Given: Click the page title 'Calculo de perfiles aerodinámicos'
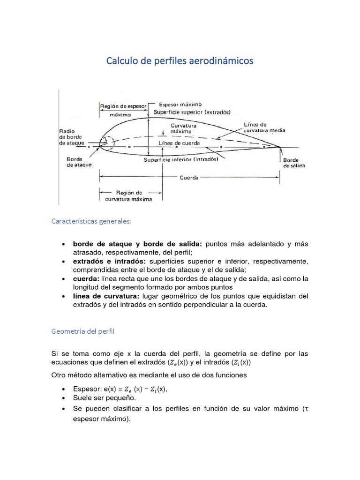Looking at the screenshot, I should point(180,61).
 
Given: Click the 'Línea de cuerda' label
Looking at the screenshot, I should point(180,142).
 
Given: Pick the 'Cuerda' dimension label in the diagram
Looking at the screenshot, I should point(189,178).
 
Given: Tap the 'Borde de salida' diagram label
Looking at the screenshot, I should point(293,163).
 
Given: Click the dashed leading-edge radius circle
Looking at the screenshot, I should point(107,142).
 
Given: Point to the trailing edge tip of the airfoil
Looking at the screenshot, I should point(280,147).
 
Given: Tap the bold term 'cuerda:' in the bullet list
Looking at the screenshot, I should point(86,278).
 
